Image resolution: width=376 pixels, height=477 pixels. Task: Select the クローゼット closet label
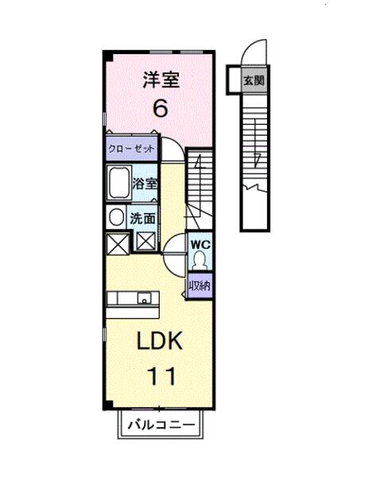131,149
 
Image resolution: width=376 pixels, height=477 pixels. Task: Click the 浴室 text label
145,182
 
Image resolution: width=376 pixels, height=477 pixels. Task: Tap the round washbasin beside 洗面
116,217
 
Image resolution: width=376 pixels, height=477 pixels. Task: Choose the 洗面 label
144,215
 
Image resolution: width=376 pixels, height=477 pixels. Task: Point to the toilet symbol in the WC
198,262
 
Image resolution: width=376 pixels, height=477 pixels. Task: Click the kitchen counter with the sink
134,299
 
